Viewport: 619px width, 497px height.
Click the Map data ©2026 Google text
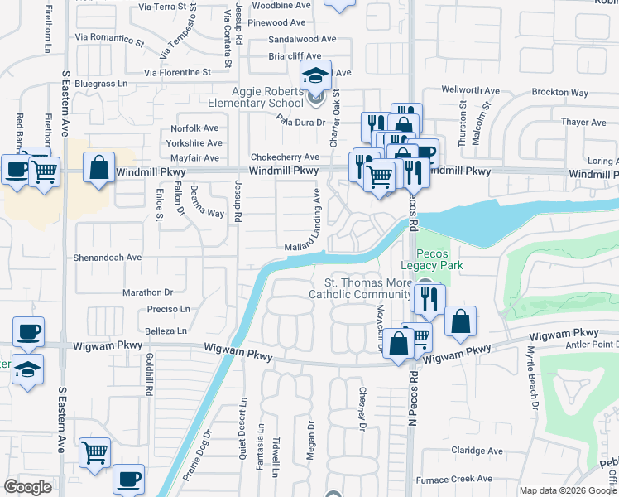[x=567, y=490]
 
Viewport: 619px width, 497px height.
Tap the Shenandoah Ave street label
[x=108, y=258]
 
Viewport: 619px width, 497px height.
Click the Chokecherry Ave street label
[x=285, y=157]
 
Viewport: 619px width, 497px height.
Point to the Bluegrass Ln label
[x=100, y=84]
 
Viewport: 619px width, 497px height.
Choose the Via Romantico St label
[x=109, y=38]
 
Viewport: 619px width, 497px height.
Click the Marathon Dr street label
[x=147, y=292]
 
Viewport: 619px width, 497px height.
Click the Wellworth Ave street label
[x=471, y=89]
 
